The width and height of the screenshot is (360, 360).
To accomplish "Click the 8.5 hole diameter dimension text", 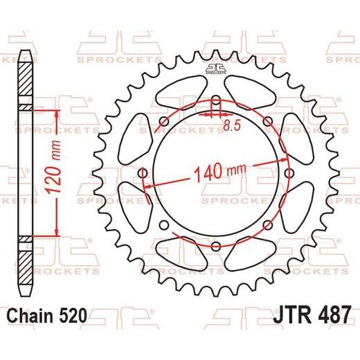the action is [232, 125].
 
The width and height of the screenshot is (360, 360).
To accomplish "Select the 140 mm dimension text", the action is [220, 172].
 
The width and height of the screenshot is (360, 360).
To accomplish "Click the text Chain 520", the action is [47, 316].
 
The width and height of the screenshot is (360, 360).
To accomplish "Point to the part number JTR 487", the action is [312, 315].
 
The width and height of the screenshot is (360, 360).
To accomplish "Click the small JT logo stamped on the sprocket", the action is [215, 69].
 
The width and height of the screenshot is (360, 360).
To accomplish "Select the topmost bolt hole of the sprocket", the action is [216, 100].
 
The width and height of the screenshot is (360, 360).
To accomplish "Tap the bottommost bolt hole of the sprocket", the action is [216, 246].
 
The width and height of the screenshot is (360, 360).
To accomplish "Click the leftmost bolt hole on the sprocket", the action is [143, 173].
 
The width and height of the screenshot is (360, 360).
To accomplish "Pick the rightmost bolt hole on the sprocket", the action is [289, 173].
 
